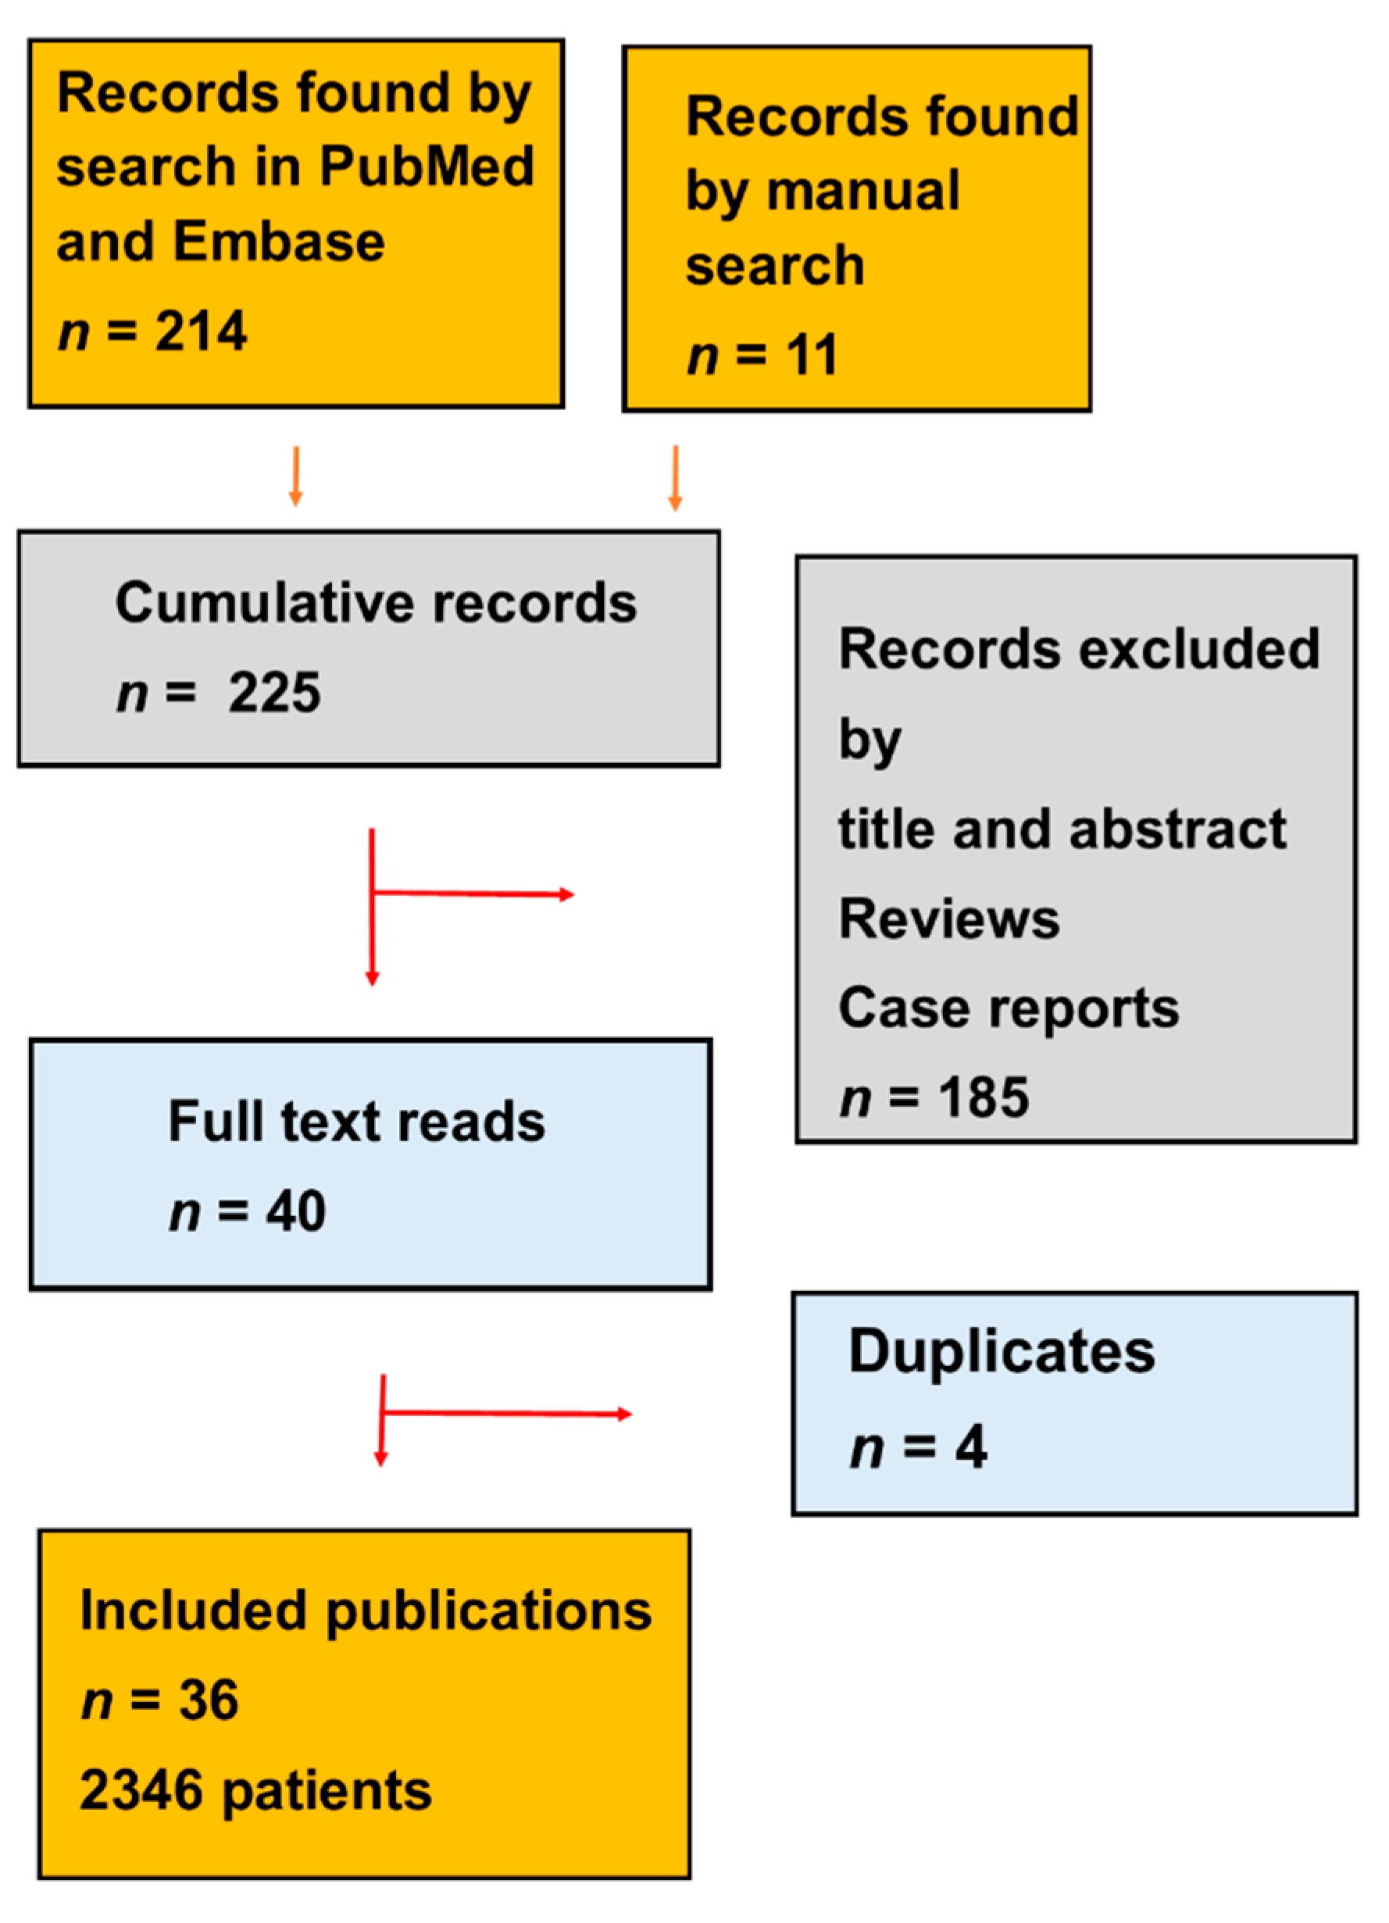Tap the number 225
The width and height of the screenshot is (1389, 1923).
274,693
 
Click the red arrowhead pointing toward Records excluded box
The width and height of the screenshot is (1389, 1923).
566,894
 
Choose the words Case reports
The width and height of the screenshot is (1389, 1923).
1008,1008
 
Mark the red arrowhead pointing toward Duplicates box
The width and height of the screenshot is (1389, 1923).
625,1414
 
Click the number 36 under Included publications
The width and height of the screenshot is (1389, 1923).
208,1700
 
